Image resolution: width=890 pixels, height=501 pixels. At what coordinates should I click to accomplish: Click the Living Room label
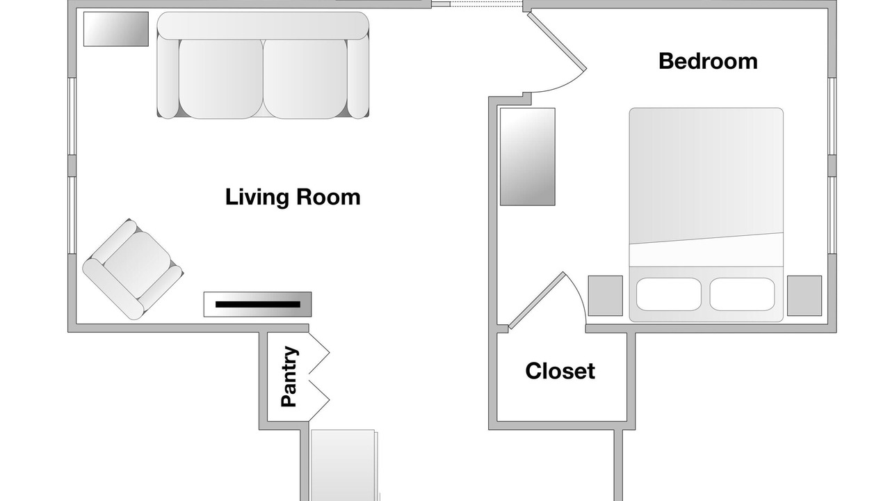coord(293,197)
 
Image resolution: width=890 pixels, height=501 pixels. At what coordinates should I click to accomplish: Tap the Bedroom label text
coord(708,62)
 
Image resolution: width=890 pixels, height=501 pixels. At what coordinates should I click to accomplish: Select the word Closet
coord(560,371)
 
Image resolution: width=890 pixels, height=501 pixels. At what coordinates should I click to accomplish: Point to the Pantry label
coord(289,376)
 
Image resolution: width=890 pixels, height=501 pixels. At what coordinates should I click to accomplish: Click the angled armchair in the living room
coord(133,269)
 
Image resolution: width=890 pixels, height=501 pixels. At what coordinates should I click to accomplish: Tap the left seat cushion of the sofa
coord(221,79)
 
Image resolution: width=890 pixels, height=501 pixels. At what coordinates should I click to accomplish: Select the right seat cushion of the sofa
coord(305,79)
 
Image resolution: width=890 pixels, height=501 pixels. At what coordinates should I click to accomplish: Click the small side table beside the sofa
coord(116,29)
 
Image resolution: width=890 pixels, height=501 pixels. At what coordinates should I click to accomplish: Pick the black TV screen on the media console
coord(258,305)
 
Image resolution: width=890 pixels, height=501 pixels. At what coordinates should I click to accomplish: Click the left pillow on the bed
coord(669,294)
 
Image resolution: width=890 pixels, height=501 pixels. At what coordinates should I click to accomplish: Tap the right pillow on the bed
coord(742,294)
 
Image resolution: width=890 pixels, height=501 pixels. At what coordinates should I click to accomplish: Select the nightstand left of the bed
coord(606,296)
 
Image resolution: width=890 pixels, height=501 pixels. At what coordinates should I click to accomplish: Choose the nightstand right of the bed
coord(804,296)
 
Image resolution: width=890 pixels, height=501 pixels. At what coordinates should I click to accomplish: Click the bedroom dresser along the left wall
coord(528,157)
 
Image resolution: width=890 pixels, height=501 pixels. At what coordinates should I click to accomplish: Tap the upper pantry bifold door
coord(319,353)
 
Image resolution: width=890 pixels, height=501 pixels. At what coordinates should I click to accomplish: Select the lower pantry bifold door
coord(319,400)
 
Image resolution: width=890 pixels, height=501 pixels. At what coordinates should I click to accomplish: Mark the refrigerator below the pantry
coord(344,466)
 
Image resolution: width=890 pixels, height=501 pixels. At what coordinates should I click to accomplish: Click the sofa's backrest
coord(263,26)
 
